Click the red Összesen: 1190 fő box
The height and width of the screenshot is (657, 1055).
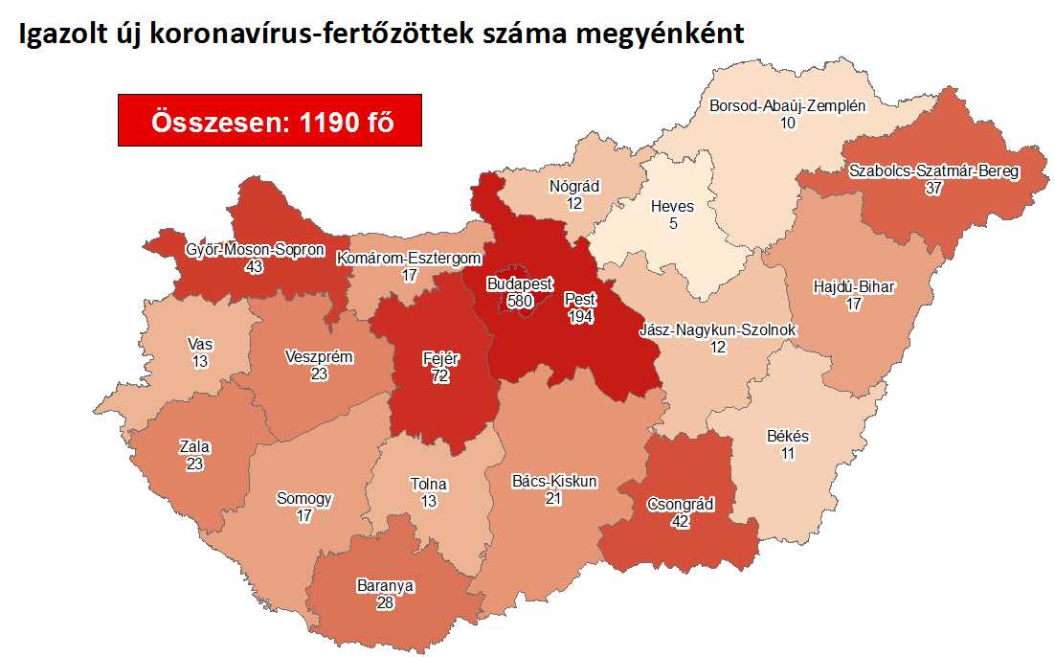[270, 120]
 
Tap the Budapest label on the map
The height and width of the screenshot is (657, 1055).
[519, 284]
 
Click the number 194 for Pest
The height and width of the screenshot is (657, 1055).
[580, 315]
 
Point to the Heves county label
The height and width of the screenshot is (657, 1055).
[672, 206]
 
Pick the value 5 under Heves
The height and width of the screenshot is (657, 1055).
[672, 222]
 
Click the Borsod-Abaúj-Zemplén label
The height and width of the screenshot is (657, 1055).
[788, 106]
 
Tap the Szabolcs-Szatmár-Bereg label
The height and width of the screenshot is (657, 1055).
[934, 172]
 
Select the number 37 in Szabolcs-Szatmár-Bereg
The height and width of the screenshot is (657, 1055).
[934, 189]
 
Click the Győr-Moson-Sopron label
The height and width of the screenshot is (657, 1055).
[254, 251]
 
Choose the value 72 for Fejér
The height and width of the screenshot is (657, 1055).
[441, 376]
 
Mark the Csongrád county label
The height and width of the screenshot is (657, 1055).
[681, 505]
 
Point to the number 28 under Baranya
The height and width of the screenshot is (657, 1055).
[387, 600]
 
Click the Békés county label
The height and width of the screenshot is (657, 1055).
[788, 437]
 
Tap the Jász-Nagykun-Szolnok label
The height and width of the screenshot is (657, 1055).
[718, 331]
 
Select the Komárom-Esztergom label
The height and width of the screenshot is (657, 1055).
[409, 259]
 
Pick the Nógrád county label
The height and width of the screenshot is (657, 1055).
[574, 187]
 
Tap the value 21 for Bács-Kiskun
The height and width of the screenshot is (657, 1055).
[553, 498]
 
